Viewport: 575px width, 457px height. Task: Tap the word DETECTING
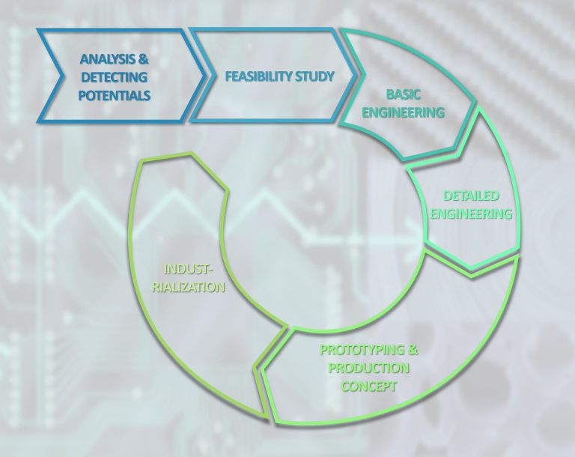tap(114, 77)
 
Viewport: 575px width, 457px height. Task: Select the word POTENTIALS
tap(115, 95)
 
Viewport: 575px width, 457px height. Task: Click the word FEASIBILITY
tap(253, 76)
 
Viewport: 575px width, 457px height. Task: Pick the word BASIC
tap(403, 94)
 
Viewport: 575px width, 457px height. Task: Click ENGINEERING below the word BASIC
tap(403, 112)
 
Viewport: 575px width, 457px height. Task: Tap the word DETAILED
tap(471, 196)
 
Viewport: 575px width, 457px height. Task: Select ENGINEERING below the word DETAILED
tap(471, 214)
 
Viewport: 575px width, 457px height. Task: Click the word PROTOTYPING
tap(362, 350)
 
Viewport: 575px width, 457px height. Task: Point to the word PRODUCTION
tap(368, 368)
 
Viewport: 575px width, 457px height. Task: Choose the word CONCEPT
tap(368, 386)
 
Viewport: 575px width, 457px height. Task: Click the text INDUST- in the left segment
tap(189, 269)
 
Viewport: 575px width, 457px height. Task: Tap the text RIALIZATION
tap(189, 287)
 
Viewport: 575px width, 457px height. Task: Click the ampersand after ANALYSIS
tap(142, 59)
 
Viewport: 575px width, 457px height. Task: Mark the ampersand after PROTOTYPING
tap(413, 350)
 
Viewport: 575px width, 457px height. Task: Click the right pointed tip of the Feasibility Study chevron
tap(356, 76)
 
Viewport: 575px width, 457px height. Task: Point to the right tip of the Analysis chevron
tap(204, 76)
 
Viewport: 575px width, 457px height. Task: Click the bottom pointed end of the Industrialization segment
tap(268, 417)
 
